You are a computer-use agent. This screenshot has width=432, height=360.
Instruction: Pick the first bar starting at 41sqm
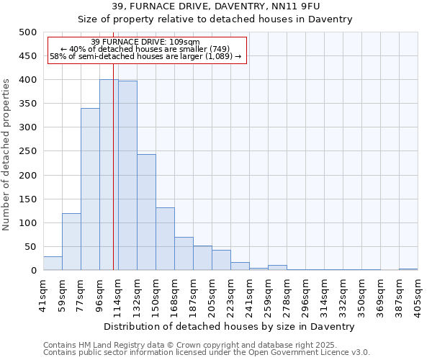(53, 264)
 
